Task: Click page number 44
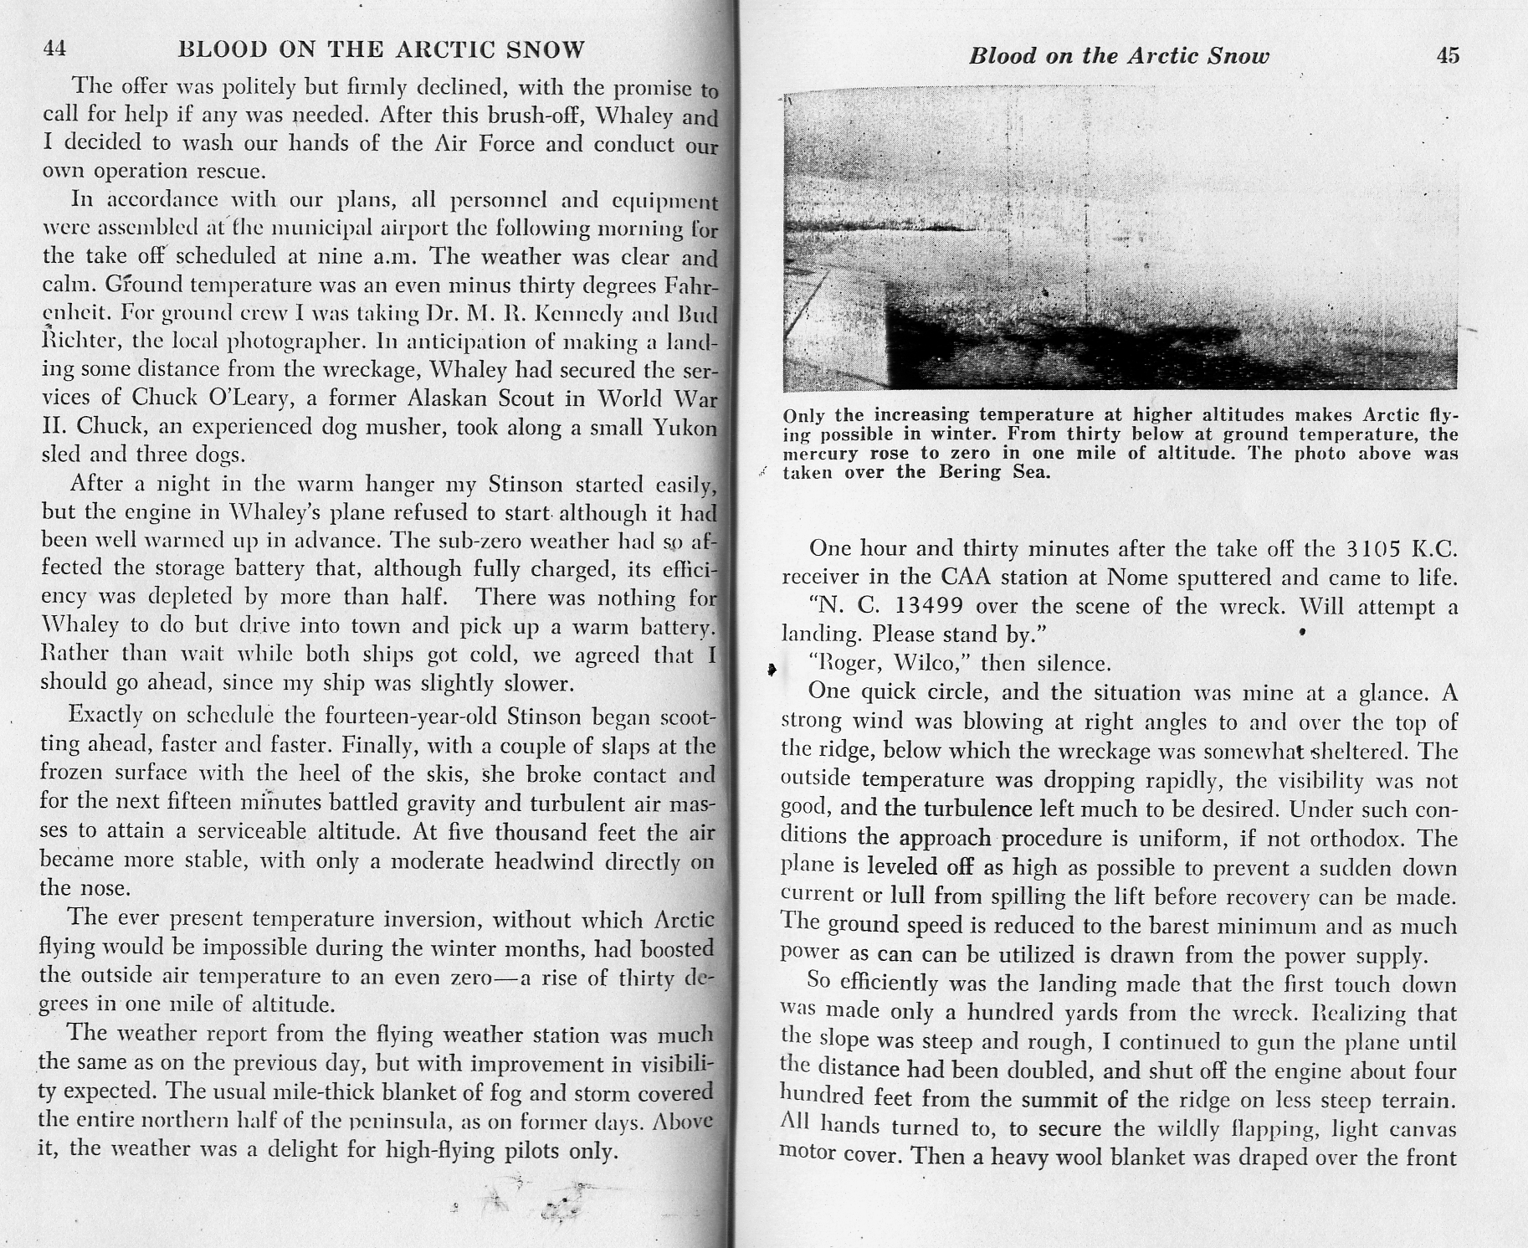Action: click(x=54, y=49)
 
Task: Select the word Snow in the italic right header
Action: click(x=1239, y=56)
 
